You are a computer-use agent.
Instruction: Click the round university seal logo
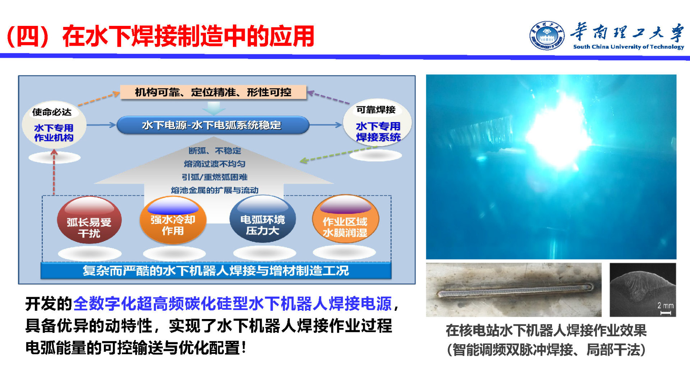(x=546, y=35)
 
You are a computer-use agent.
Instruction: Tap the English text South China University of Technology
(x=629, y=47)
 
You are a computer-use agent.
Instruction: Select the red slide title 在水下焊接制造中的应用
(x=188, y=36)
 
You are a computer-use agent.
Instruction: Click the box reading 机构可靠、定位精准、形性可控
(x=213, y=92)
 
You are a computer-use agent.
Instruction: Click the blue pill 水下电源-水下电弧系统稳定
(x=213, y=125)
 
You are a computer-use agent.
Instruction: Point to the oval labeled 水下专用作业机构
(x=54, y=125)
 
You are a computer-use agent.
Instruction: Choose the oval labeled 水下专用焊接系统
(x=377, y=123)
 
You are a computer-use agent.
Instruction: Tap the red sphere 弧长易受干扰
(x=89, y=220)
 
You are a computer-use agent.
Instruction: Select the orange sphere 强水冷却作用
(x=173, y=220)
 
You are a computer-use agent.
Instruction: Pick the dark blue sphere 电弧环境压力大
(x=263, y=219)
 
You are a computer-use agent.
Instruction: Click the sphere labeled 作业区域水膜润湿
(x=345, y=219)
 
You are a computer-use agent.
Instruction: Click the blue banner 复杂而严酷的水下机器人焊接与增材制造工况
(x=216, y=271)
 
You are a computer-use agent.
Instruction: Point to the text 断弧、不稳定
(x=215, y=151)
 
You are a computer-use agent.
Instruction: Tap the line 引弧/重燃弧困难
(x=215, y=177)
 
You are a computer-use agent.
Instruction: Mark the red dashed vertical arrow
(x=54, y=172)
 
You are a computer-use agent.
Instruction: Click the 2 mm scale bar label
(x=665, y=306)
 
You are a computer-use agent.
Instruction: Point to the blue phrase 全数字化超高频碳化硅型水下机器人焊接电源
(x=232, y=304)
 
